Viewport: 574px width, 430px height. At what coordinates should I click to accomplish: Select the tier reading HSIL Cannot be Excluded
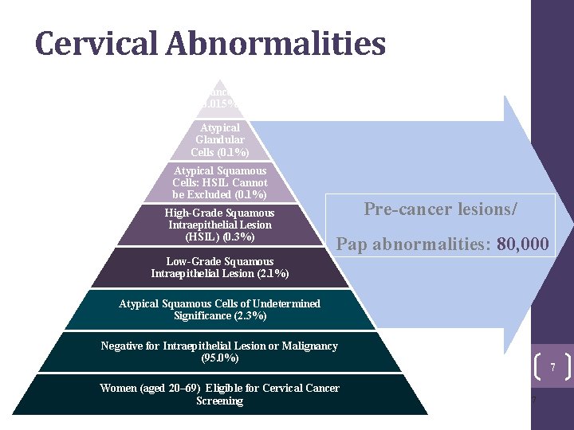tap(220, 182)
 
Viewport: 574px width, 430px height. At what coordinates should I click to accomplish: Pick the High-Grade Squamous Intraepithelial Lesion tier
tap(219, 225)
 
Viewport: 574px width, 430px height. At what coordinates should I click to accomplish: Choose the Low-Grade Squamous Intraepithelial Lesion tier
tap(219, 268)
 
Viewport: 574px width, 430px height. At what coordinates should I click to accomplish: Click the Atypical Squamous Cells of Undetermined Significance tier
tap(219, 310)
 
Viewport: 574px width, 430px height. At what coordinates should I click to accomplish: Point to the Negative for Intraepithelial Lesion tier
tap(219, 352)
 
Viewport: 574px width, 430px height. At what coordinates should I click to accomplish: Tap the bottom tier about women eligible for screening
tap(219, 394)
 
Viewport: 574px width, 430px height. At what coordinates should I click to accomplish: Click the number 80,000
tap(522, 244)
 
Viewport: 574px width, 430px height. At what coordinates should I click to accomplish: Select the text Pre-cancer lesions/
tap(441, 209)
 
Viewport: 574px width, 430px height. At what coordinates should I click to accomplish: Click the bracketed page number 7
tap(552, 367)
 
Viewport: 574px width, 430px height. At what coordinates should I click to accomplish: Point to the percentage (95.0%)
tap(219, 358)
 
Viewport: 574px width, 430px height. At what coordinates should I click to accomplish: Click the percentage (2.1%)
tap(271, 274)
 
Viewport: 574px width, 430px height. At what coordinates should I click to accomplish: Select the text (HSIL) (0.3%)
tap(219, 237)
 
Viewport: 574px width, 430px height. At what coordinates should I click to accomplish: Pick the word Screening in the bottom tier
tap(219, 401)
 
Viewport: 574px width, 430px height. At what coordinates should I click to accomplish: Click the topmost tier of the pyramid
tap(220, 97)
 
